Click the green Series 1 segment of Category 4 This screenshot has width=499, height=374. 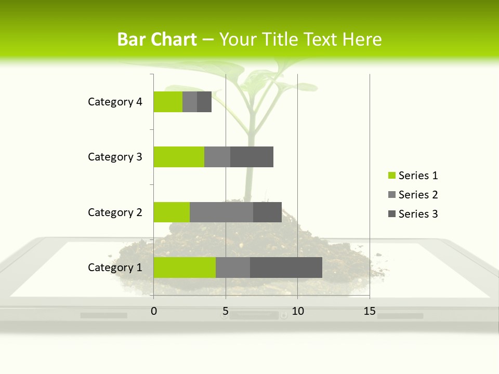click(x=168, y=102)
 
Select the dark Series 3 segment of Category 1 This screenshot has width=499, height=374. click(x=286, y=268)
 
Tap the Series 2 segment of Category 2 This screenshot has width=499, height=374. click(x=221, y=212)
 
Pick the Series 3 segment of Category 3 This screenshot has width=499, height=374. click(x=252, y=157)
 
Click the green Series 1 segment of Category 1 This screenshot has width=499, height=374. click(x=185, y=268)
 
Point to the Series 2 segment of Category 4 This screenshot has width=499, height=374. click(x=190, y=102)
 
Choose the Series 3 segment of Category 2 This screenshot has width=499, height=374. click(x=267, y=212)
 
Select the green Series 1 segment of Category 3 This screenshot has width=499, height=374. click(x=179, y=157)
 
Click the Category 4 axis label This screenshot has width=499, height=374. click(x=115, y=102)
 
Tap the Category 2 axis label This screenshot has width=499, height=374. click(x=115, y=212)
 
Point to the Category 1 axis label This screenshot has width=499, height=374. click(x=115, y=268)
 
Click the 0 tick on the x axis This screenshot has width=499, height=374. click(x=154, y=311)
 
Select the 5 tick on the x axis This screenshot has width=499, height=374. click(x=226, y=311)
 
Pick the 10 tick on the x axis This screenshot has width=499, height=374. click(x=297, y=311)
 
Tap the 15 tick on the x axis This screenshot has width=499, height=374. click(x=370, y=311)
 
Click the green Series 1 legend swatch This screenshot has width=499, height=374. click(x=391, y=176)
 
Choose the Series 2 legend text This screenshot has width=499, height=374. click(x=418, y=195)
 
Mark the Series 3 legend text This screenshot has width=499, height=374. click(x=418, y=214)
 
